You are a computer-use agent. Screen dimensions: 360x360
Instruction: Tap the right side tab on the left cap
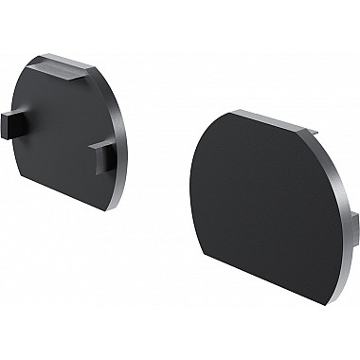[x=102, y=155]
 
